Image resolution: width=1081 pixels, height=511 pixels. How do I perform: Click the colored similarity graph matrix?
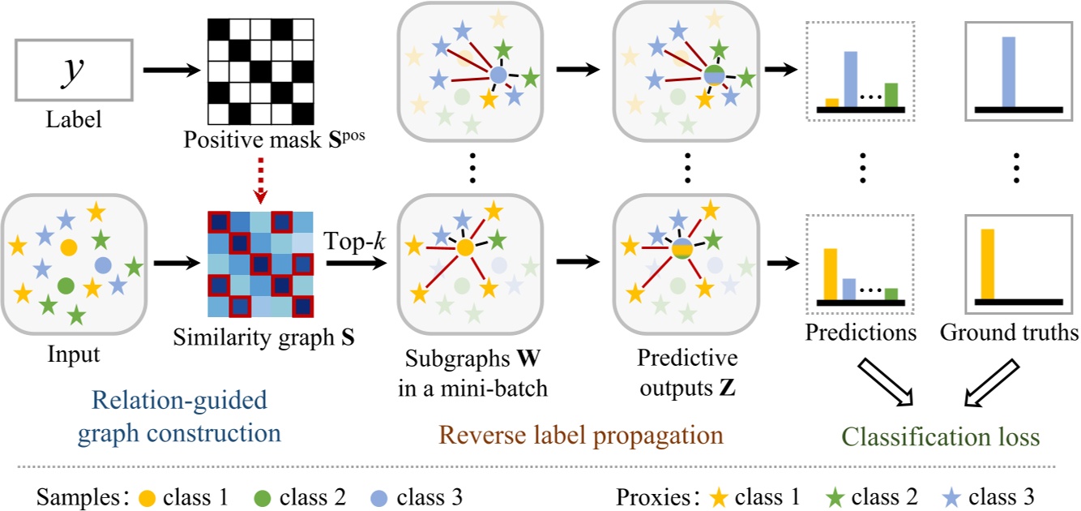click(259, 263)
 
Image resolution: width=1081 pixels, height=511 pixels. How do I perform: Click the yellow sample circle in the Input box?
click(69, 246)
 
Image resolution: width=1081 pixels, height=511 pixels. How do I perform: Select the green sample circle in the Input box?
click(66, 285)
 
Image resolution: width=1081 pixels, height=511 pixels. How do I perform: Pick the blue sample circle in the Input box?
click(103, 264)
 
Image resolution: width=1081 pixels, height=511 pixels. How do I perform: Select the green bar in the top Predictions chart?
click(891, 95)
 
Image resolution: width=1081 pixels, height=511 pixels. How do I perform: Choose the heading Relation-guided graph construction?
click(180, 416)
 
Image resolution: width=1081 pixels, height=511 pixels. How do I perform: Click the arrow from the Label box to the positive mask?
click(170, 71)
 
